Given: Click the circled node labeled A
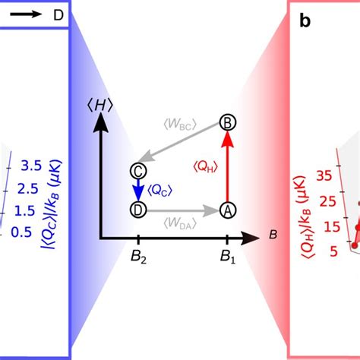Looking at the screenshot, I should click(226, 209).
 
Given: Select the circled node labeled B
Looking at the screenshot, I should click(226, 122).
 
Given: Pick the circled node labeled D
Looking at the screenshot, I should click(138, 209).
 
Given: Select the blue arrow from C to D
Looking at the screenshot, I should click(138, 189).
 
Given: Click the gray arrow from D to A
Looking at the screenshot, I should click(182, 209).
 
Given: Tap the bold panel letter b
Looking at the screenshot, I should click(305, 21).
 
